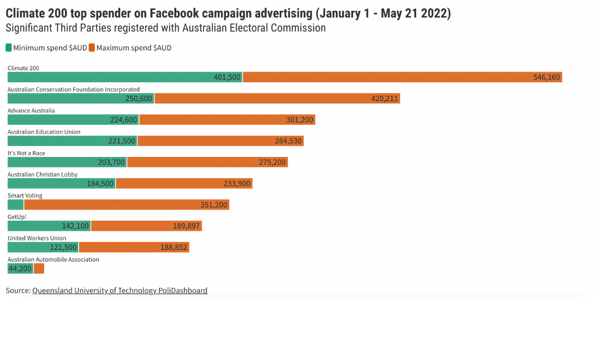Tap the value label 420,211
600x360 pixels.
[x=384, y=99]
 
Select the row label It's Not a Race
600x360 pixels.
[x=26, y=153]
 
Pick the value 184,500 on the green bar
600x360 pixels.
[x=100, y=184]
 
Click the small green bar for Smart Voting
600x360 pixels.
[x=15, y=205]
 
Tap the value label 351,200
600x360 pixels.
[x=213, y=205]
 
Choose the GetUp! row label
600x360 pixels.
[x=17, y=217]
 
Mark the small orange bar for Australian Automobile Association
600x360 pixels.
[x=39, y=269]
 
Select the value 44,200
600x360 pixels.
[x=20, y=269]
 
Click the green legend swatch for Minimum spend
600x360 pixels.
[x=9, y=48]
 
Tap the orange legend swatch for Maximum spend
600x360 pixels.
[x=91, y=48]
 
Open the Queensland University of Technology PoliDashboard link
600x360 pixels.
[x=120, y=291]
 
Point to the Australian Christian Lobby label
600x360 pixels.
[x=42, y=175]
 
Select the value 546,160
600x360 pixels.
[x=546, y=78]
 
